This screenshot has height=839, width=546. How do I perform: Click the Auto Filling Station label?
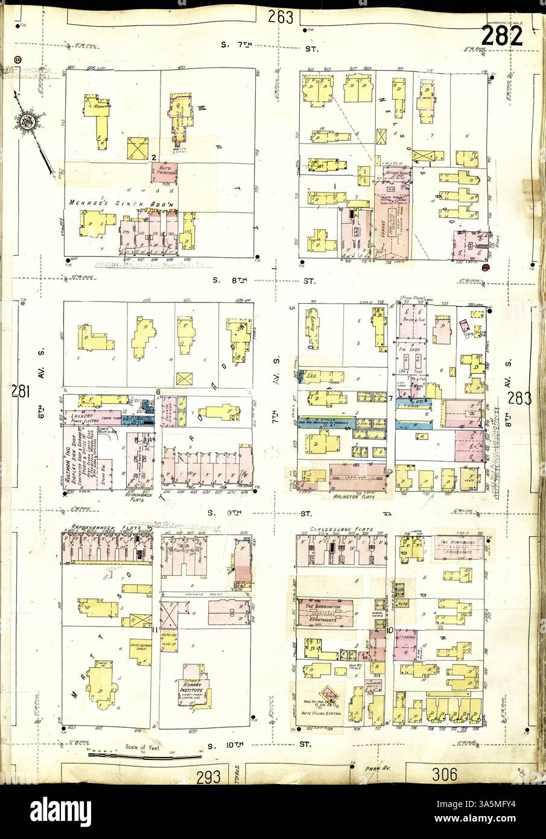point(321,713)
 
